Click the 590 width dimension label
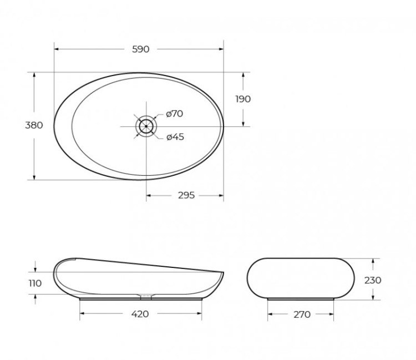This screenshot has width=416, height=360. [140, 49]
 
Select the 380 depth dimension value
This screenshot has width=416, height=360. [34, 125]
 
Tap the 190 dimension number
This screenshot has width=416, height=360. [243, 99]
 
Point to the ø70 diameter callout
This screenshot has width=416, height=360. [174, 114]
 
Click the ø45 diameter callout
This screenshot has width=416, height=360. [175, 136]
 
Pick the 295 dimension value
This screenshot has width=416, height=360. [186, 195]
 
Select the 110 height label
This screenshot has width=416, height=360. [35, 283]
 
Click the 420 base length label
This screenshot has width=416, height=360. [140, 314]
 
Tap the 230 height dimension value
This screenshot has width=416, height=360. [373, 280]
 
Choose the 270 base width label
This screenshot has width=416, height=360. [301, 315]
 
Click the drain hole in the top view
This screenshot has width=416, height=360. [146, 126]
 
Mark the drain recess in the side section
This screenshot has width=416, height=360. [145, 295]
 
